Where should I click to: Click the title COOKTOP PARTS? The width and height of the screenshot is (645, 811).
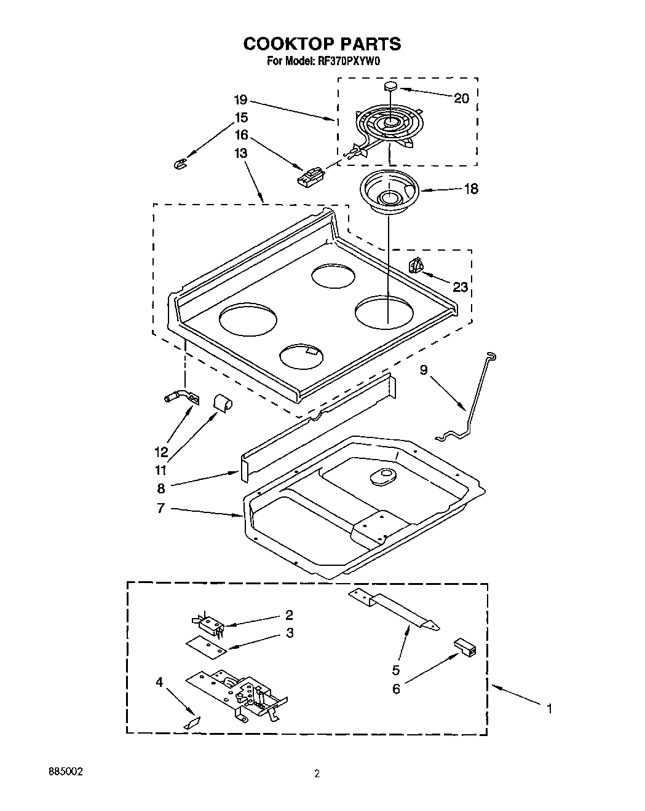point(322,44)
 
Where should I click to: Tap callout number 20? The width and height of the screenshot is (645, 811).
point(461,98)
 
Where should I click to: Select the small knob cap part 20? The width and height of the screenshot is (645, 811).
point(390,87)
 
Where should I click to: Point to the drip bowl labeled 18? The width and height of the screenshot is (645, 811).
point(388,192)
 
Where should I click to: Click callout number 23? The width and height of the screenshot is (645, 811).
point(460,287)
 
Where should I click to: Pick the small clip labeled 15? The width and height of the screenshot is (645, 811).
point(180,163)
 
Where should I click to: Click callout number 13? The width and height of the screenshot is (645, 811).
point(240,153)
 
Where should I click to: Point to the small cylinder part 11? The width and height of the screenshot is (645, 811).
point(222,402)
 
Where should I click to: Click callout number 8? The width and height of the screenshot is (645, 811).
point(161,489)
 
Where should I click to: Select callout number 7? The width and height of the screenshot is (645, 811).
point(160,509)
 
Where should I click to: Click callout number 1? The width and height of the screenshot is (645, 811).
point(548,708)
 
